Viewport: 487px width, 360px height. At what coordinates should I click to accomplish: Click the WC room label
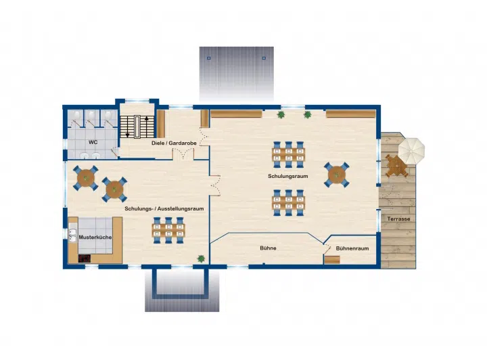[93, 142]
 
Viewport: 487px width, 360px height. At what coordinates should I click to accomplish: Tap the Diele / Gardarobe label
[174, 143]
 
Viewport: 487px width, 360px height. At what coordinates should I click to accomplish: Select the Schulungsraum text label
[288, 176]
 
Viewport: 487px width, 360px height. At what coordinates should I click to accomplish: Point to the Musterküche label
[95, 237]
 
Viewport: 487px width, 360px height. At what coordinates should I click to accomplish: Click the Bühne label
[268, 248]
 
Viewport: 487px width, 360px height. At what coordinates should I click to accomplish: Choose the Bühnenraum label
[352, 248]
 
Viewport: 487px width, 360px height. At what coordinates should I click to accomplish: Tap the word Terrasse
[398, 219]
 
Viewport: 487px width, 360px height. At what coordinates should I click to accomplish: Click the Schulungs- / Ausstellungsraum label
[164, 208]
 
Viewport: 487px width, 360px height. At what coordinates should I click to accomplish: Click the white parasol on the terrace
[411, 151]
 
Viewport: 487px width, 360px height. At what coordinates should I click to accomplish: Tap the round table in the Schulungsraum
[337, 175]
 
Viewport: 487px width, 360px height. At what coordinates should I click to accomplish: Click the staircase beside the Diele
[137, 127]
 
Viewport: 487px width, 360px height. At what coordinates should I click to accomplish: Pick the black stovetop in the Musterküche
[85, 258]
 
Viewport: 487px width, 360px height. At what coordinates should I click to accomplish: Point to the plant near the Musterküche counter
[201, 258]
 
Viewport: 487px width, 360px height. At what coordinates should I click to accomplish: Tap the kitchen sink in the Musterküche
[72, 235]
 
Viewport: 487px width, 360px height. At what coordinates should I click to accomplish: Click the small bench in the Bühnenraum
[332, 260]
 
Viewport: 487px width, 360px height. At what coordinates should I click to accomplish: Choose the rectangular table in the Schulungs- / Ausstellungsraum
[168, 230]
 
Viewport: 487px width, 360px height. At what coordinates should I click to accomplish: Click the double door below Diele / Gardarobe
[183, 154]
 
